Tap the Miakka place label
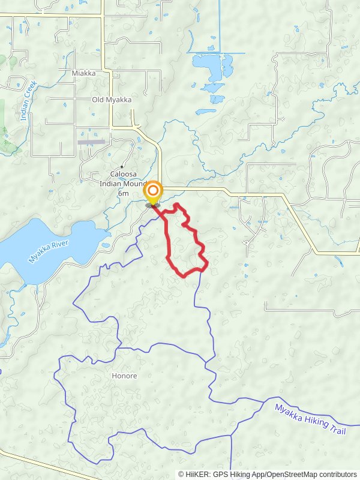[x=83, y=73]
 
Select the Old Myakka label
[x=112, y=100]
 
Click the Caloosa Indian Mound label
[x=123, y=179]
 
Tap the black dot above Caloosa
[x=122, y=166]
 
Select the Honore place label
[x=124, y=376]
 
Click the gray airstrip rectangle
[x=91, y=142]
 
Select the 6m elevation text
[x=123, y=193]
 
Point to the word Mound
[x=137, y=184]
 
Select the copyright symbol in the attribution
[x=181, y=474]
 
